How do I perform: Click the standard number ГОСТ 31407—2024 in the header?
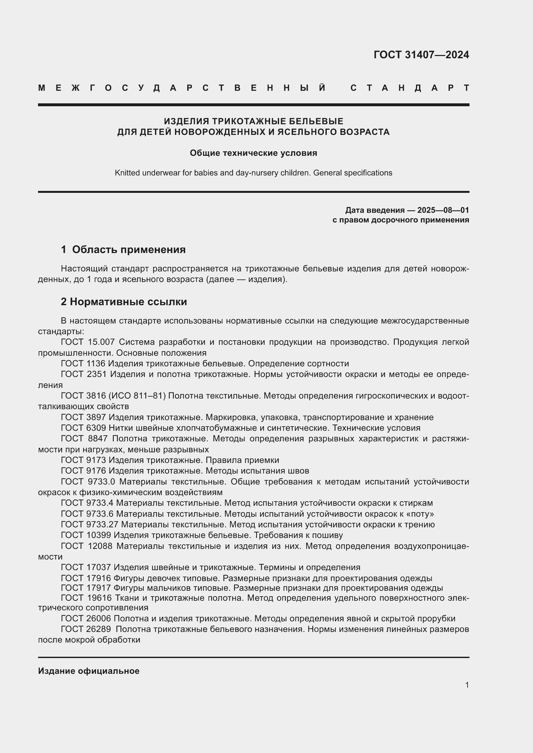click(421, 55)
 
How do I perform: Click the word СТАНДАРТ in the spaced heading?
click(410, 88)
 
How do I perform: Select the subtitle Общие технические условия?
click(253, 153)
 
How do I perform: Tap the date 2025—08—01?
click(443, 210)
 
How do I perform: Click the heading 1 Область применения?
click(123, 249)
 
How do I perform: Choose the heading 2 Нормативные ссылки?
click(124, 301)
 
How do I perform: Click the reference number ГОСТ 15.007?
click(88, 342)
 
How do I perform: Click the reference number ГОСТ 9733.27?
click(89, 524)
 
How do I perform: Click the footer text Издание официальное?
click(89, 671)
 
